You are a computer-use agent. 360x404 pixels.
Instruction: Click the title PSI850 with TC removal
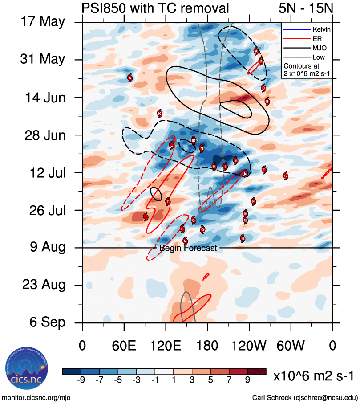coord(155,8)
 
